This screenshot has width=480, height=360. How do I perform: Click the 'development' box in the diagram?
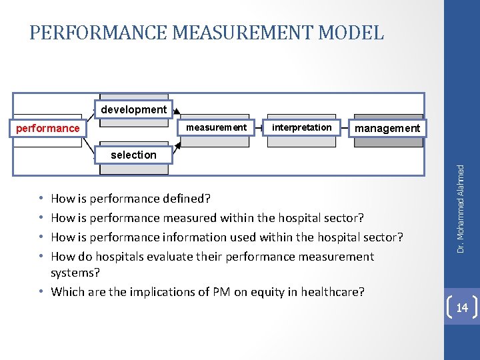[x=133, y=109]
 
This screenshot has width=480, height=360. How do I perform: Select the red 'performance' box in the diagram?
[x=48, y=127]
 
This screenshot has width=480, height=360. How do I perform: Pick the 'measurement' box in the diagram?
[x=216, y=127]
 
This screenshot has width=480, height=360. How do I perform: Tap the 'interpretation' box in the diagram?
[x=302, y=127]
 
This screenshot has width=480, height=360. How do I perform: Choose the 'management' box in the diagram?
[x=387, y=127]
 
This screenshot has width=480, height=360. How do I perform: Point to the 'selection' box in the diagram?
[x=133, y=155]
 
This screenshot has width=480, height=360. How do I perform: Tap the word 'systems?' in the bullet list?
[x=75, y=273]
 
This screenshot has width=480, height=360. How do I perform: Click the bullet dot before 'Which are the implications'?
[x=41, y=291]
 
